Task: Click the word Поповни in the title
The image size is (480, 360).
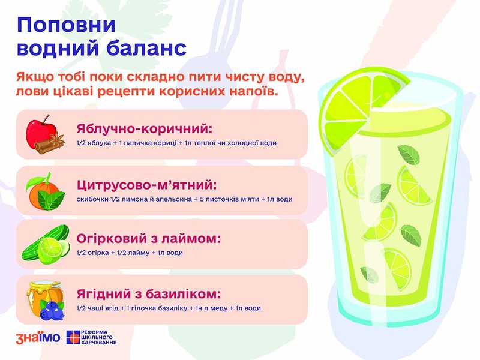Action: (x=66, y=25)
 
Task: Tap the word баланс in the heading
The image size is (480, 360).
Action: (x=146, y=48)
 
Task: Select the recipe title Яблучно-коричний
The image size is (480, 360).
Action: (x=144, y=128)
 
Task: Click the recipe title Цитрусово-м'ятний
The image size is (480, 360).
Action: (x=146, y=185)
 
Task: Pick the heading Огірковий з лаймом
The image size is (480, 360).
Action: (x=148, y=238)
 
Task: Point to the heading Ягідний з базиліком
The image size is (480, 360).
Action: (x=148, y=294)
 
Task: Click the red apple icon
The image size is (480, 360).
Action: (x=40, y=133)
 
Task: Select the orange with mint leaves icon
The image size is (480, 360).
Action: (x=46, y=192)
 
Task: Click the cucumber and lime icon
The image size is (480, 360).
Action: (x=46, y=245)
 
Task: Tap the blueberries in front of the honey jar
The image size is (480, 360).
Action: (x=52, y=310)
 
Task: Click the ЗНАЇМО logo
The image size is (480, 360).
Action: (x=38, y=338)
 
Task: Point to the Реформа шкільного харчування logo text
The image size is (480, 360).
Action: (x=98, y=337)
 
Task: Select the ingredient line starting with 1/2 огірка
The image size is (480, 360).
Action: (x=130, y=253)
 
